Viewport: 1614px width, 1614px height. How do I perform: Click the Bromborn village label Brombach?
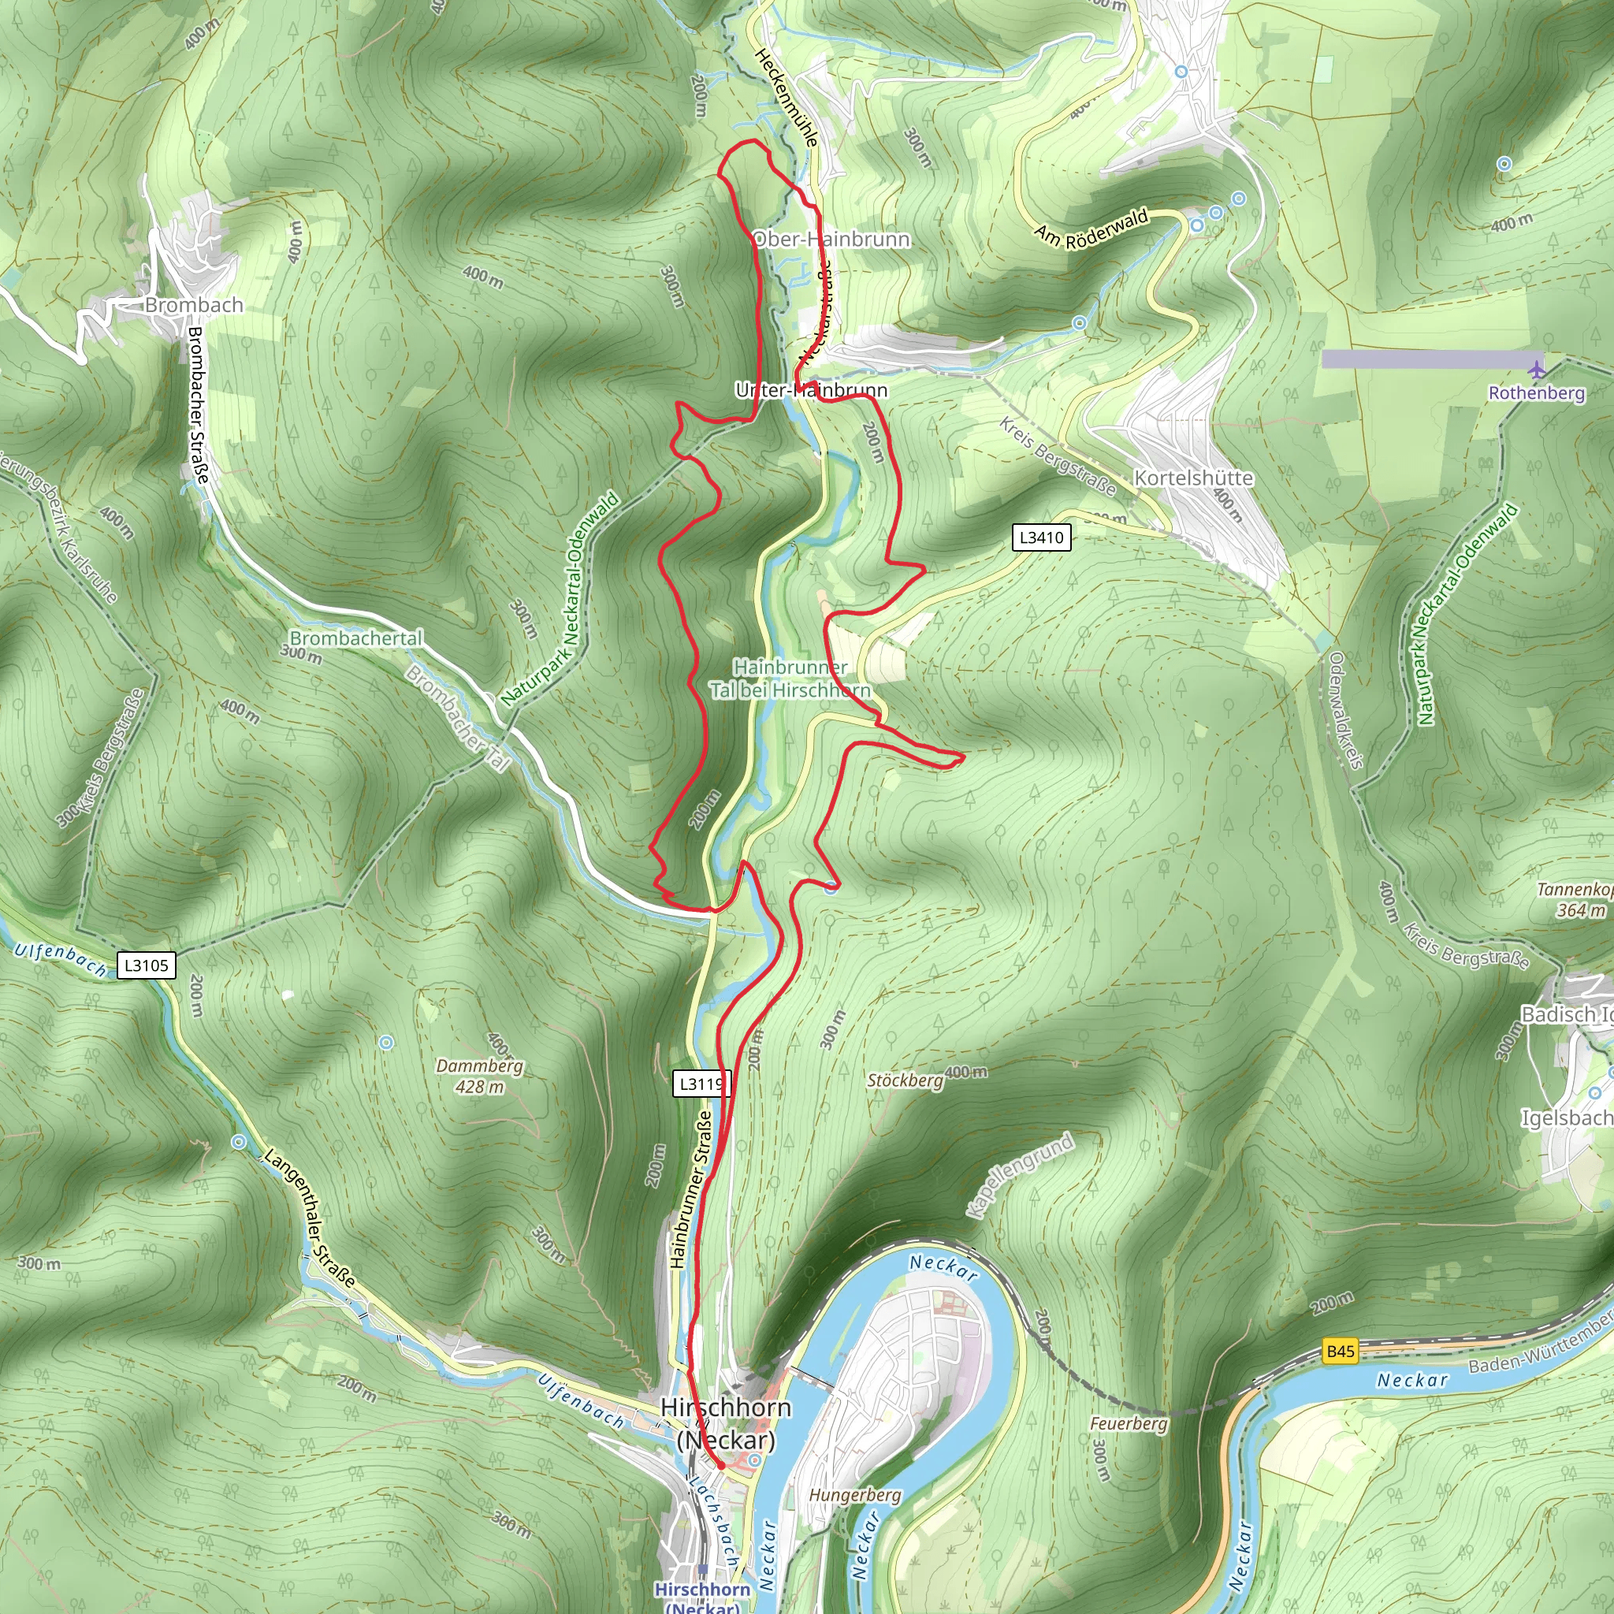pyautogui.click(x=194, y=305)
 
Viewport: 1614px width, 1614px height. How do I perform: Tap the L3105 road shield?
pyautogui.click(x=147, y=965)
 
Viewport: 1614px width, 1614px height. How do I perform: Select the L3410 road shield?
pyautogui.click(x=1042, y=537)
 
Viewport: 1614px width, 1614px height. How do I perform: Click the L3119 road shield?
pyautogui.click(x=701, y=1084)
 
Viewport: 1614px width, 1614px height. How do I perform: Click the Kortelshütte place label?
pyautogui.click(x=1193, y=478)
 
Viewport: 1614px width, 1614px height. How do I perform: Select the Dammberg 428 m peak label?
pyautogui.click(x=479, y=1076)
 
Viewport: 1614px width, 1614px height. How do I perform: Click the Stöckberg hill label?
pyautogui.click(x=905, y=1080)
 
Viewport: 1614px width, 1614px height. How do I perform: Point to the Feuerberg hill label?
pyautogui.click(x=1129, y=1422)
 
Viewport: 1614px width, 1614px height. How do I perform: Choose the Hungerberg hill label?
pyautogui.click(x=854, y=1494)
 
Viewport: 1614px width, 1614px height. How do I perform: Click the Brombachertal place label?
pyautogui.click(x=356, y=638)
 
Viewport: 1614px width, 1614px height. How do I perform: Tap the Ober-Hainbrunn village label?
pyautogui.click(x=831, y=240)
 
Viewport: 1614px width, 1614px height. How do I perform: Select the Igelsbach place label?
pyautogui.click(x=1566, y=1118)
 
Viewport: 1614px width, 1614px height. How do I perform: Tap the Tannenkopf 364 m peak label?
pyautogui.click(x=1575, y=900)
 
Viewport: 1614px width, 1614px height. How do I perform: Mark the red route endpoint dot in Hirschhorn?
pyautogui.click(x=720, y=1464)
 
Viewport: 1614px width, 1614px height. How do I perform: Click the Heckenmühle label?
pyautogui.click(x=785, y=97)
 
